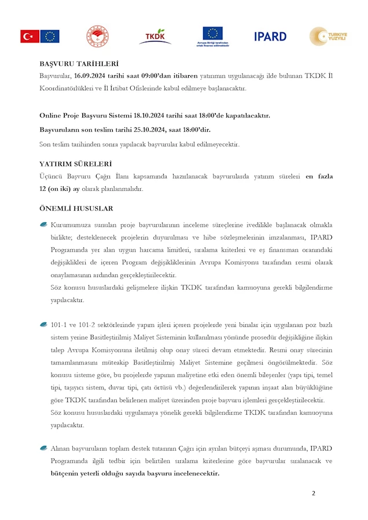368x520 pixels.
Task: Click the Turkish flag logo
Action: click(30, 36)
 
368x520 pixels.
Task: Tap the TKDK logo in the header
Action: click(154, 36)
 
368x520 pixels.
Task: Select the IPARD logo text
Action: click(270, 36)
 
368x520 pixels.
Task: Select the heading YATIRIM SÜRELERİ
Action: click(75, 164)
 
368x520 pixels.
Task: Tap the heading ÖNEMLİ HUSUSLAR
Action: click(76, 208)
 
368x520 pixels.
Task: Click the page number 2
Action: click(314, 493)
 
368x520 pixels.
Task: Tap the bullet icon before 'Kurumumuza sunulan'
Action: click(43, 224)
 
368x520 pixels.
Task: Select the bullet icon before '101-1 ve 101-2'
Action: click(43, 324)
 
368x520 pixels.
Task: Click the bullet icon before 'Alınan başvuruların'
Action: click(43, 448)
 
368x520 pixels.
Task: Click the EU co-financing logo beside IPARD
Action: click(212, 36)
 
